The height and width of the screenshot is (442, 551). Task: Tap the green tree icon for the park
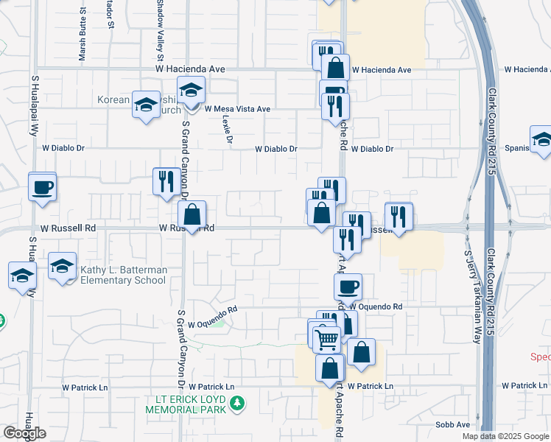(x=237, y=403)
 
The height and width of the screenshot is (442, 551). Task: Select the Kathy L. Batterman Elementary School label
(x=124, y=276)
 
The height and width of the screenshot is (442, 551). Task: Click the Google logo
(x=24, y=433)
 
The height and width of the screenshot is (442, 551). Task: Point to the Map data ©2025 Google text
(x=506, y=436)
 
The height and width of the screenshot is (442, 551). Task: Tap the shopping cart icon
(x=326, y=339)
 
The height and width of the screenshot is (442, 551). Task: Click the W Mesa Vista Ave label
(x=238, y=109)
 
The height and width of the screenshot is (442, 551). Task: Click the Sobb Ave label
(x=452, y=425)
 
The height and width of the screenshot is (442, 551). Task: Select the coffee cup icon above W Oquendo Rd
(x=348, y=286)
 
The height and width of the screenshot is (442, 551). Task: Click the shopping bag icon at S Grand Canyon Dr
(x=192, y=214)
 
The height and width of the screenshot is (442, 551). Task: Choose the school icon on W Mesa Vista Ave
(x=192, y=90)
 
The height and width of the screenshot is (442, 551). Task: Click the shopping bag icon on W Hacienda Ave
(x=335, y=67)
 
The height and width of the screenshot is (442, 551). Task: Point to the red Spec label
(x=541, y=357)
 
